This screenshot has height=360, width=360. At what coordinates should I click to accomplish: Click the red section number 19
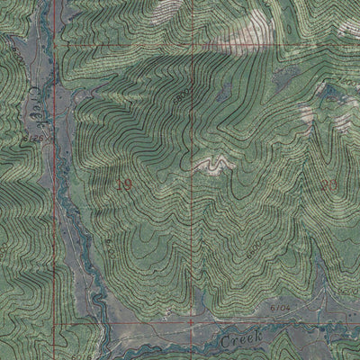(125, 184)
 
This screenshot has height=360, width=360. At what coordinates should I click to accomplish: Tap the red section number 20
(328, 184)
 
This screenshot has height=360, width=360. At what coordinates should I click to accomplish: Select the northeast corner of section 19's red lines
(192, 44)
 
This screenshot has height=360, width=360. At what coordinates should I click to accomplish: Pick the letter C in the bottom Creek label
(222, 340)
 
